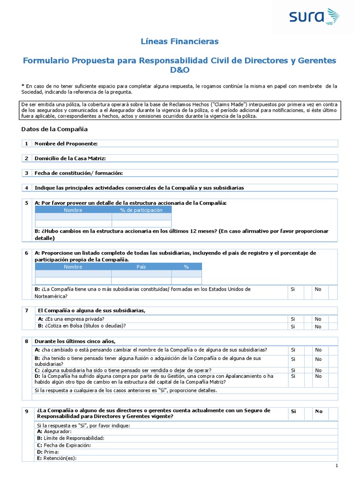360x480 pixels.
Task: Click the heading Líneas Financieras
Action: [180, 42]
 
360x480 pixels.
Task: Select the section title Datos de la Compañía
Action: [54, 129]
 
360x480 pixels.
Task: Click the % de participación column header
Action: [141, 210]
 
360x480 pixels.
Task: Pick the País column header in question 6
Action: [141, 267]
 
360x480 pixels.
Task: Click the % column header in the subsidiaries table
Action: [186, 267]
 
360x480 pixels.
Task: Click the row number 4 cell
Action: [27, 187]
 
